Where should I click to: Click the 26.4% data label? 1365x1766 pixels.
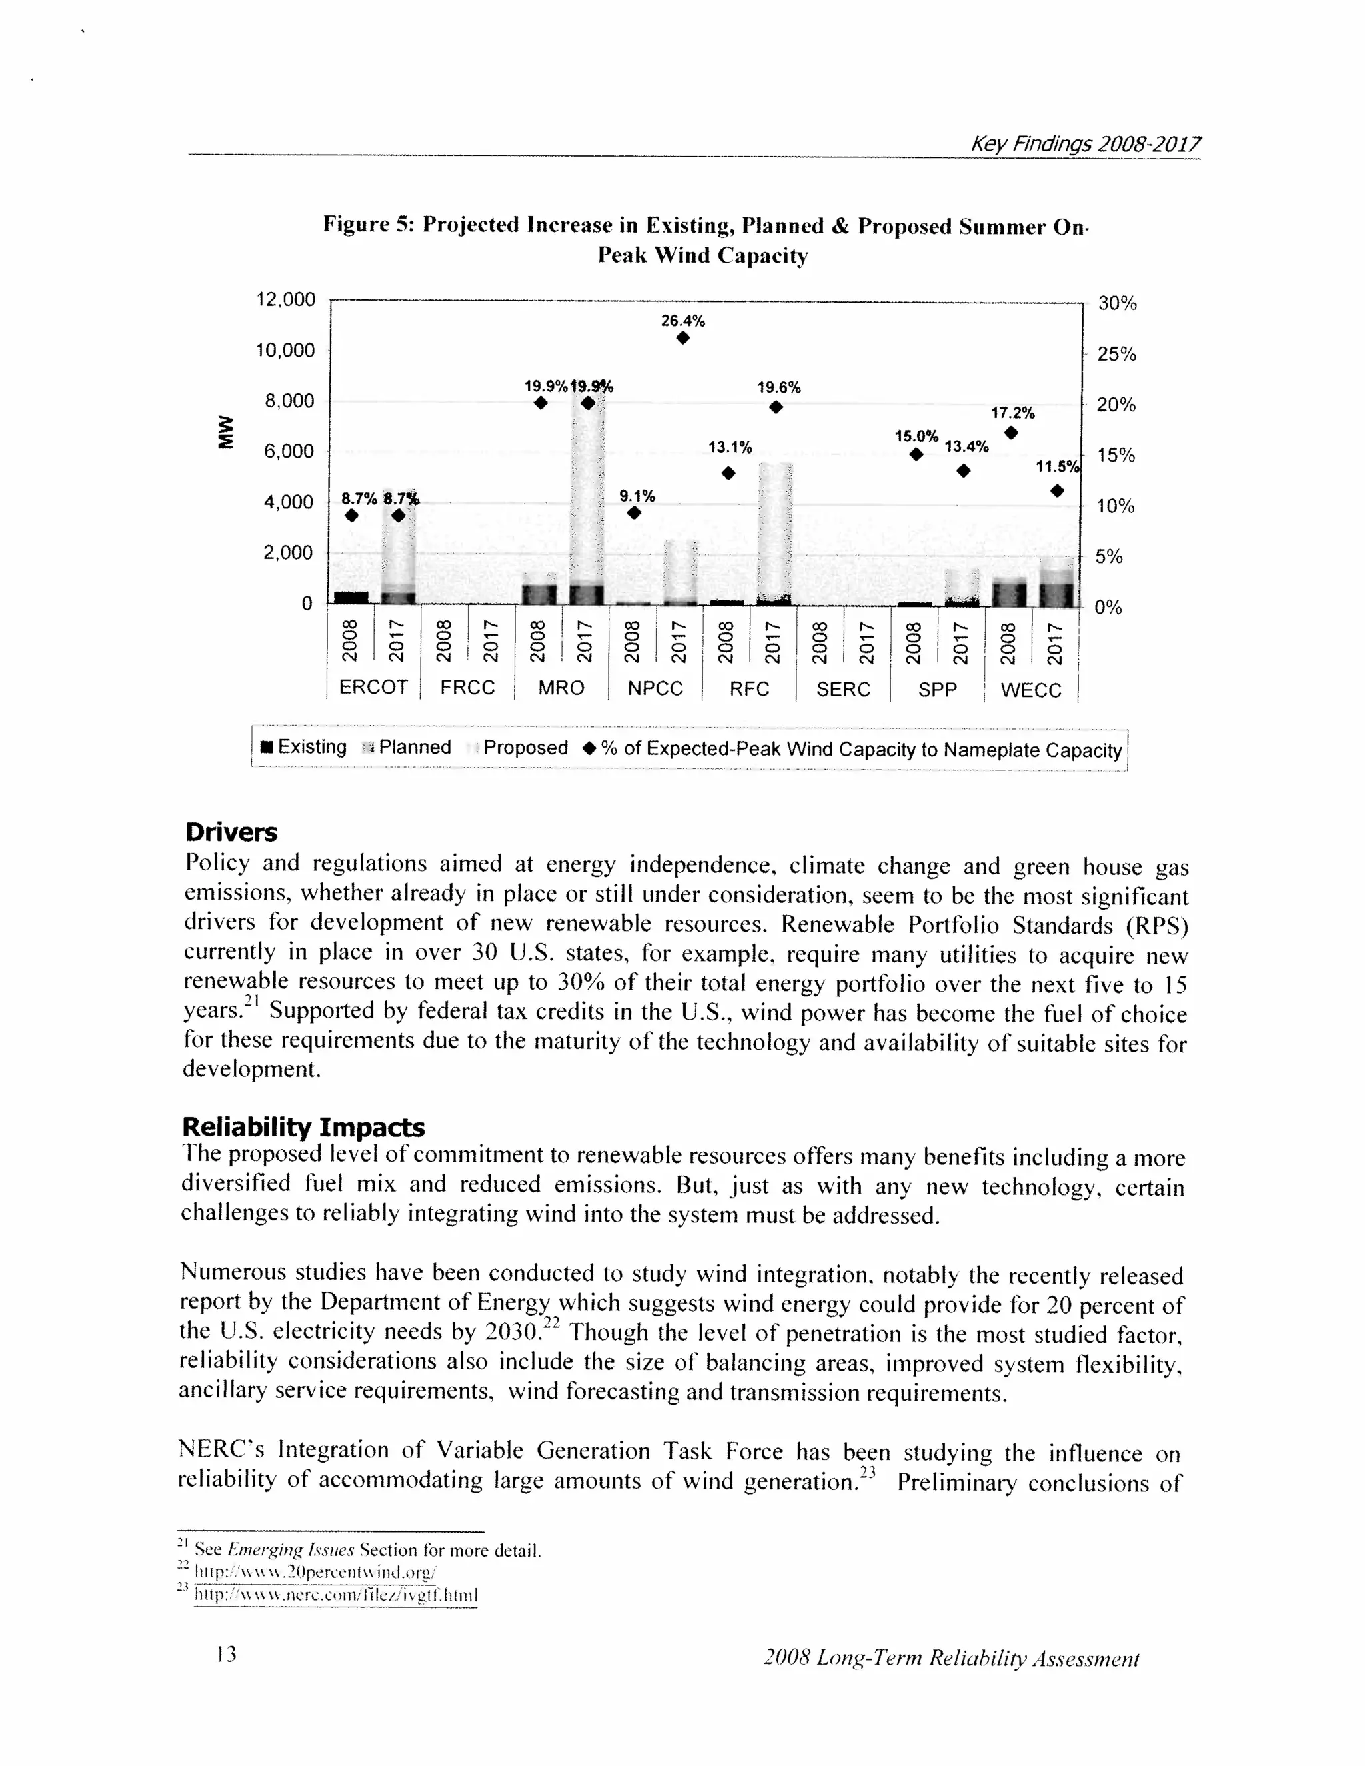coord(682,321)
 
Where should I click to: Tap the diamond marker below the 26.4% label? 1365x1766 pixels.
coord(682,338)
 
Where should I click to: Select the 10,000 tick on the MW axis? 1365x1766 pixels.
coord(285,350)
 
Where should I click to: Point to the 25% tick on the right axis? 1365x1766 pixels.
coord(1116,354)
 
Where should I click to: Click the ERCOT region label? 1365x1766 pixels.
coord(373,687)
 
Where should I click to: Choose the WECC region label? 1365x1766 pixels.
coord(1030,690)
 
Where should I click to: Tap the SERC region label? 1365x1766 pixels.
coord(842,689)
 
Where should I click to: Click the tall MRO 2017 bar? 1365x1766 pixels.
coord(587,501)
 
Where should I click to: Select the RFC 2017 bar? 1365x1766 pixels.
coord(774,534)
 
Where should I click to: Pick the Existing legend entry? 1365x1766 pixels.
coord(303,747)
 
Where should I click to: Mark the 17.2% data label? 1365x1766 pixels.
coord(1012,413)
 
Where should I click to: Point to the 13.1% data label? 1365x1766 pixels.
coord(729,448)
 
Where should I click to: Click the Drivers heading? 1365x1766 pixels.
coord(231,832)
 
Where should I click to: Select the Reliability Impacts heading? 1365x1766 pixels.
coord(303,1126)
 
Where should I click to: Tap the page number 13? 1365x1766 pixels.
coord(227,1653)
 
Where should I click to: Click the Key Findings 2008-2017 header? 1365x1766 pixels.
coord(1085,144)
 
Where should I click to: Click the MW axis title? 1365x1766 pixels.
coord(224,431)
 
